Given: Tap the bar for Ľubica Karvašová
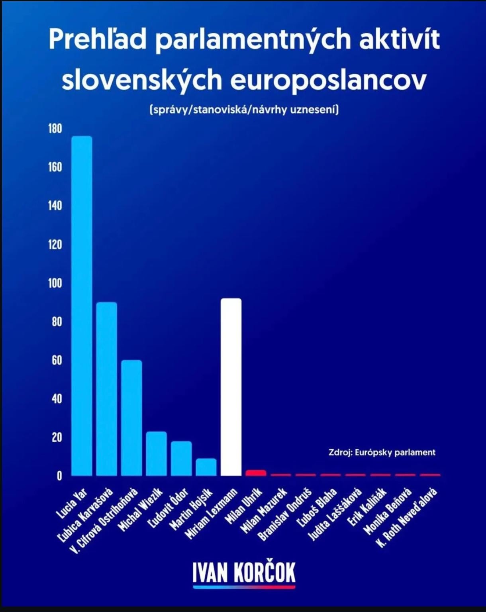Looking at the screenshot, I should [x=107, y=388].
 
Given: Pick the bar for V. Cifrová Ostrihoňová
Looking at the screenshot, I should [x=131, y=418].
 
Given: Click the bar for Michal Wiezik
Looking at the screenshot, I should [x=156, y=453].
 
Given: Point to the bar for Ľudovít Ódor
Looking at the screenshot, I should [x=181, y=458].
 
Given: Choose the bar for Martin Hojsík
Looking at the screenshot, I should [x=206, y=467].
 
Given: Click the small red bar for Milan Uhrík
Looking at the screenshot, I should [x=256, y=473].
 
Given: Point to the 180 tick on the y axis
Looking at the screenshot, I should [x=55, y=128].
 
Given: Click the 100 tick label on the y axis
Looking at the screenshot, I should [x=55, y=283].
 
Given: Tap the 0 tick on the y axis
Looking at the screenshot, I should [x=59, y=476].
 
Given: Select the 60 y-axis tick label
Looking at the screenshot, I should [x=57, y=360].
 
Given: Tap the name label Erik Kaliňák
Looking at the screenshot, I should [x=366, y=506].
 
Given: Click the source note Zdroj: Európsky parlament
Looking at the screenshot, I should [x=382, y=452].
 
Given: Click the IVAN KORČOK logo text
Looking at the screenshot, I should [x=244, y=573].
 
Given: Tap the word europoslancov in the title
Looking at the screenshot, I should [x=328, y=80].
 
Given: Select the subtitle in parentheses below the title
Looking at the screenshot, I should [x=244, y=109].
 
